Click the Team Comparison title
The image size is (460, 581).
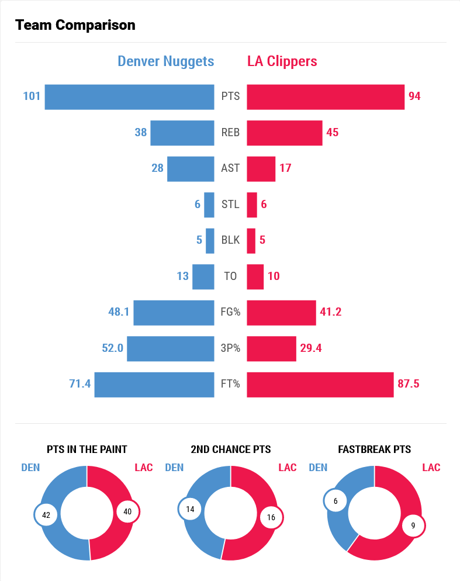(x=75, y=25)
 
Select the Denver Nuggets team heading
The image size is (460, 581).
(x=166, y=61)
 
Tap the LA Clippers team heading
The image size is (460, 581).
(x=282, y=61)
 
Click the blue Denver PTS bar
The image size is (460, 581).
(x=129, y=97)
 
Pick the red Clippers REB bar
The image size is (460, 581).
(x=284, y=133)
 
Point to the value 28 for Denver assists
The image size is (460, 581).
(x=157, y=168)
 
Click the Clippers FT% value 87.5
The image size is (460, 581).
(x=408, y=384)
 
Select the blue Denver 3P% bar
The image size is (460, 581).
(x=170, y=348)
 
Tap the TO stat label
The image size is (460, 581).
(x=230, y=276)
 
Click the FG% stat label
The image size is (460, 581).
(x=230, y=312)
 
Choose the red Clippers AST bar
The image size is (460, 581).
(x=261, y=169)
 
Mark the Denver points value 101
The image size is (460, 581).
(x=32, y=96)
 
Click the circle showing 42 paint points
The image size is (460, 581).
(x=46, y=514)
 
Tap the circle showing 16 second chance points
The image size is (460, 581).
(x=271, y=517)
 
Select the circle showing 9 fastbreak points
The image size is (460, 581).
(x=413, y=525)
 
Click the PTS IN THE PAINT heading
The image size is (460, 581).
(x=87, y=449)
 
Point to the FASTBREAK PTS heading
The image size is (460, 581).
(x=374, y=449)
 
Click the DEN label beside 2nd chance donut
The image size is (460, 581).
(x=174, y=468)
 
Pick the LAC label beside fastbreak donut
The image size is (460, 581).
(x=431, y=468)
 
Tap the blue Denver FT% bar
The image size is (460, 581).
(x=154, y=385)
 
